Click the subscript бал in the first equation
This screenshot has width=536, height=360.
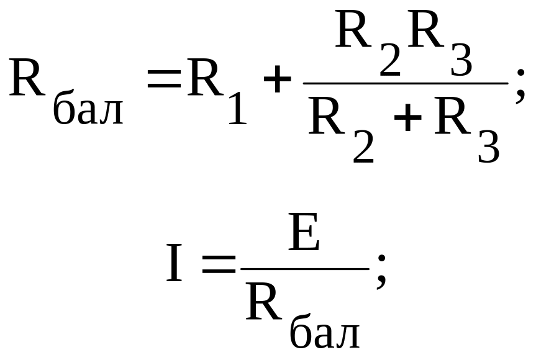coord(88,110)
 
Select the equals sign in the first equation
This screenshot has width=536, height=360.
coord(163,79)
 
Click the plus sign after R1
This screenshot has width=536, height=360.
coord(277,81)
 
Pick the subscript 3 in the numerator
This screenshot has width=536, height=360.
coord(461,61)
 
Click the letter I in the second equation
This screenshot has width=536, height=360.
coord(175,264)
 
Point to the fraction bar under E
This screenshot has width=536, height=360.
coord(305,269)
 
